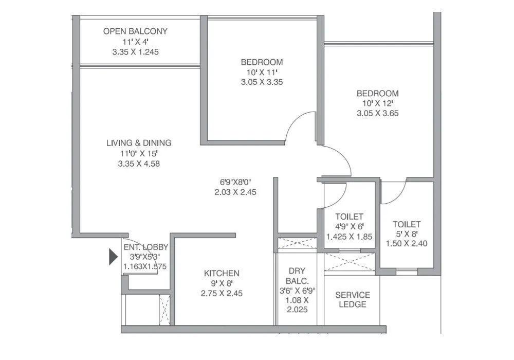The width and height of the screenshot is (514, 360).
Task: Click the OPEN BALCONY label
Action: pos(135,31)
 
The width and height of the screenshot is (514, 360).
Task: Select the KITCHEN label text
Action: pos(222,273)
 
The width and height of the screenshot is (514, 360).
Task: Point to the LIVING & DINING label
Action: pos(139,143)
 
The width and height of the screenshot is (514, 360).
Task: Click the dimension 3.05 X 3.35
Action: pos(262,82)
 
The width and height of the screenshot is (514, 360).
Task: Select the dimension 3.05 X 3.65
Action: pos(378,113)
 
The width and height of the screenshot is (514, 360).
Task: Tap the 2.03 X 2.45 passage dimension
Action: pos(236,192)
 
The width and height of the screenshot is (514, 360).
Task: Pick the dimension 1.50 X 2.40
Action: pos(407,244)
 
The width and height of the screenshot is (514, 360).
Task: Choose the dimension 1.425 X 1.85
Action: pos(349,237)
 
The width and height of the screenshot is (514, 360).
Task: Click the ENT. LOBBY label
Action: pos(145,247)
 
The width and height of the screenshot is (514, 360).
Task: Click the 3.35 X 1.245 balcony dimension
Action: pos(135,52)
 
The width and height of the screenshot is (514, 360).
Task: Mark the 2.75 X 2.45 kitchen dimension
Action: pos(222,294)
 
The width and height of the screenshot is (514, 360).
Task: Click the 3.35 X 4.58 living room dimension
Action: pos(139,164)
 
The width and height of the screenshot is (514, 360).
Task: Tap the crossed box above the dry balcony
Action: pos(297,243)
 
